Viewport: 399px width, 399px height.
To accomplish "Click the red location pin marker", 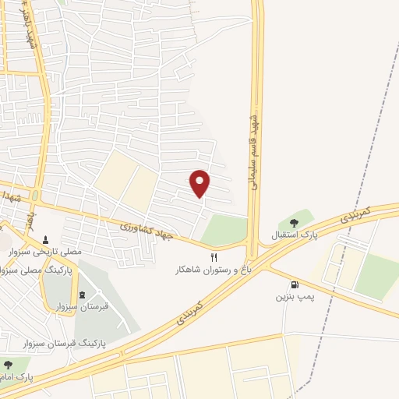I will (200, 182).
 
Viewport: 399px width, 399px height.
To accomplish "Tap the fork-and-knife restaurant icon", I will (214, 256).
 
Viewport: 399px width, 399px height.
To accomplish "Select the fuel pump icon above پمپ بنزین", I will (295, 284).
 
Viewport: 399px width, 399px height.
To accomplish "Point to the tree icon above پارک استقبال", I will (293, 223).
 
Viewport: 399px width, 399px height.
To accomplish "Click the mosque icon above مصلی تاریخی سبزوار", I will (47, 240).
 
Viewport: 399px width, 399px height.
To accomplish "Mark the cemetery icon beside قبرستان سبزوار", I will (83, 294).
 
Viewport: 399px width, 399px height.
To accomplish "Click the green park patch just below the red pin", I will (224, 229).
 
